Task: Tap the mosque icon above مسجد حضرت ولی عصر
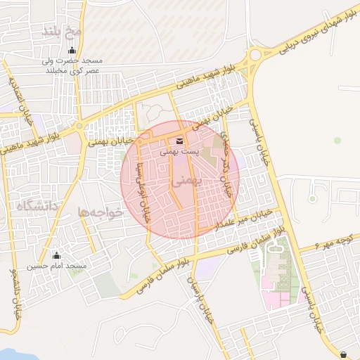[x=71, y=51]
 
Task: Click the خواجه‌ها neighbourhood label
[x=101, y=212]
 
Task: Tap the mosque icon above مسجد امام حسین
[x=57, y=255]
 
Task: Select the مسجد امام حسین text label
[x=57, y=266]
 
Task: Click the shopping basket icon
[x=343, y=354]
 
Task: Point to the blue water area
[x=21, y=354]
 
